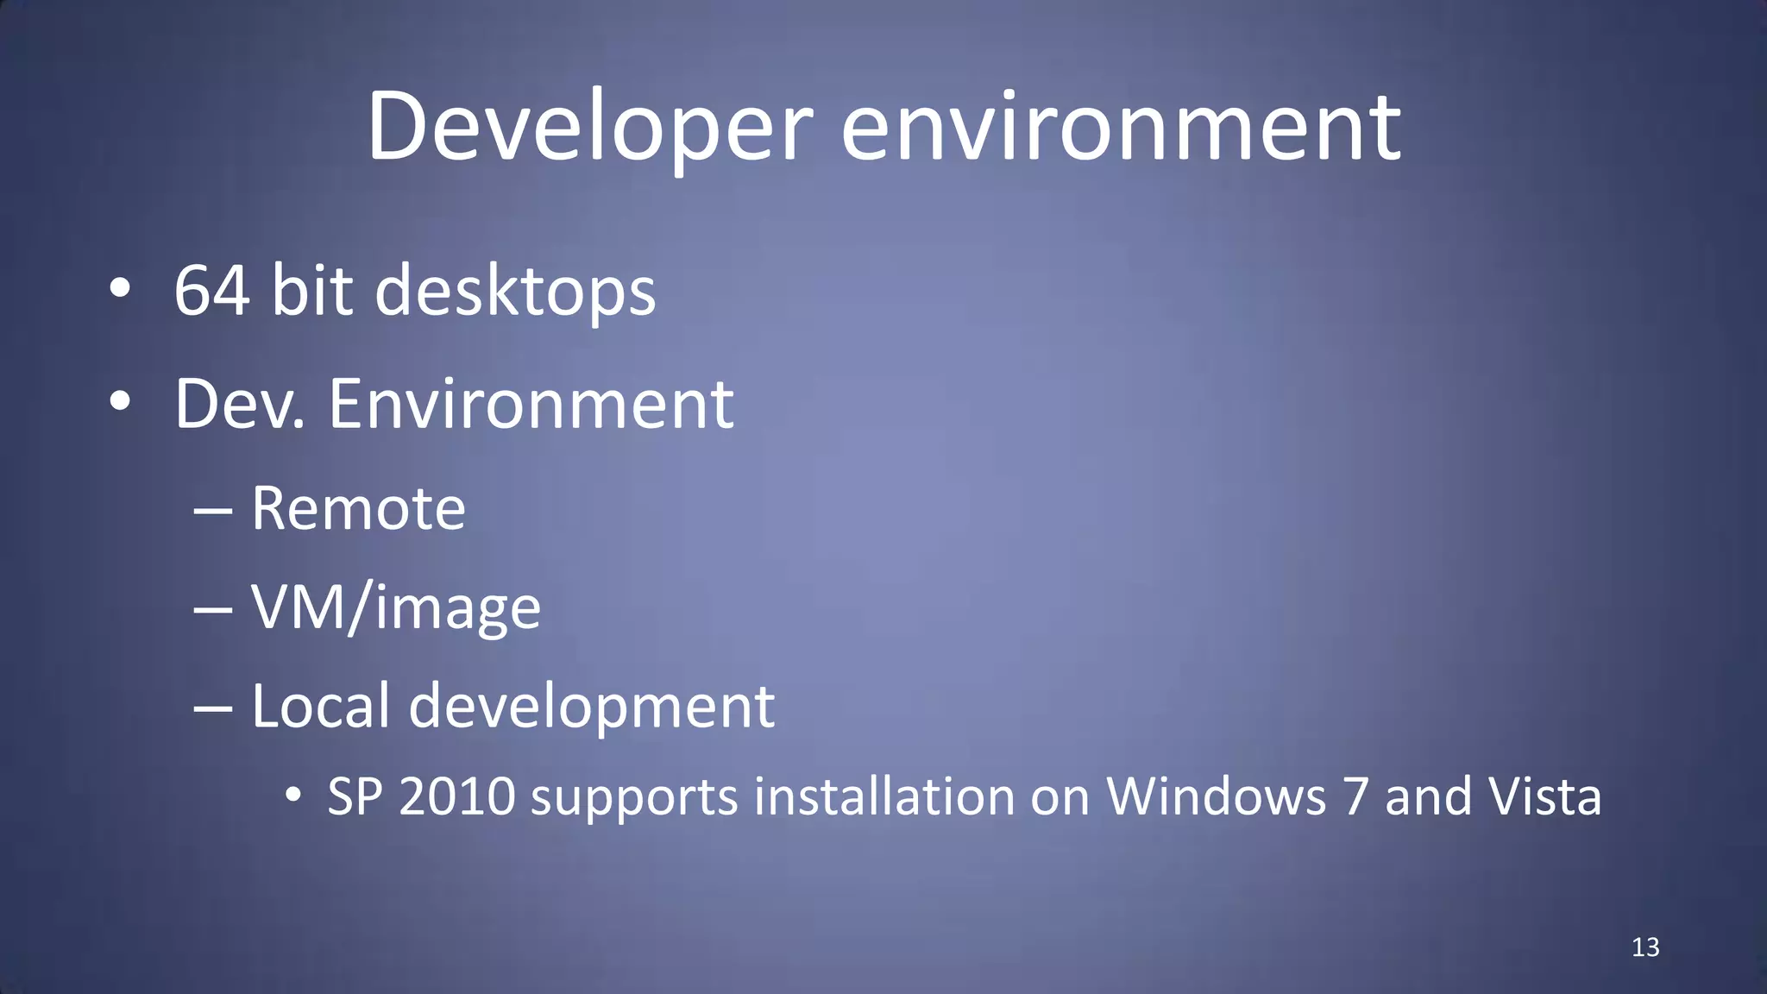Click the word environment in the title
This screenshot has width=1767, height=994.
(1121, 128)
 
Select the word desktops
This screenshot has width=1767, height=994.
(515, 292)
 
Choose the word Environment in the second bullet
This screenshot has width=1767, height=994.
(531, 404)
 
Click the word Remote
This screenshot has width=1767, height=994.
(358, 508)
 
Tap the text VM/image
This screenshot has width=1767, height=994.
(395, 608)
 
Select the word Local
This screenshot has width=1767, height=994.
(320, 706)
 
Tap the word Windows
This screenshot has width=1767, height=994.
(1216, 796)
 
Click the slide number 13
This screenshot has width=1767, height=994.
(1645, 947)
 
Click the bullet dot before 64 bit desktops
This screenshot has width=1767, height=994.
(120, 290)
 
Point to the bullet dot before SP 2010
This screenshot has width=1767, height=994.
(293, 796)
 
